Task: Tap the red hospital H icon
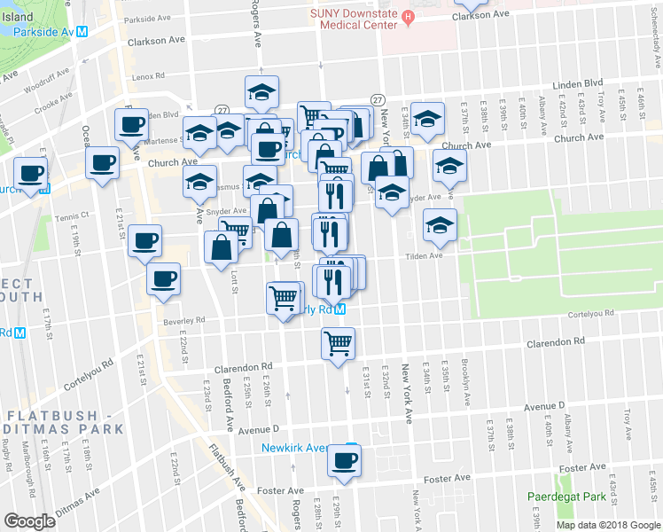coord(407,15)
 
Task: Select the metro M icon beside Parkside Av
coord(81,31)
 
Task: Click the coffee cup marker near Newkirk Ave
coord(344,461)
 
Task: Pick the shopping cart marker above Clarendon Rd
coord(338,342)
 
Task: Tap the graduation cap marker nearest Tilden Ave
coord(439,226)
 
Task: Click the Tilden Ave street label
coord(424,256)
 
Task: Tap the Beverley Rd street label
coord(183,320)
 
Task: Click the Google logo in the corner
coord(29,521)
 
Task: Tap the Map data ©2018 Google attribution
coord(608,525)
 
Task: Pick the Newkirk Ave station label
coord(294,448)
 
